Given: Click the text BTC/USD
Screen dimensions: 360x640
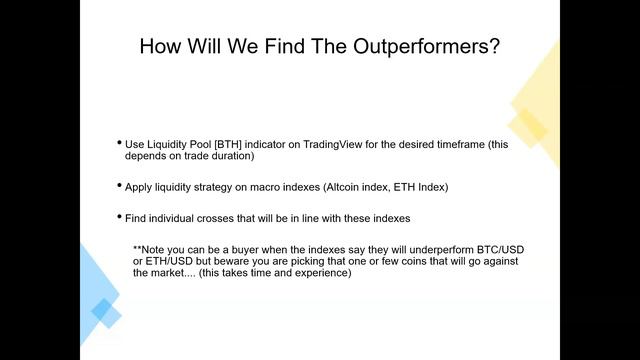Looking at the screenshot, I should pos(473,249).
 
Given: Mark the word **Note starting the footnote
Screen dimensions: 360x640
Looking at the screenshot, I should pos(152,249).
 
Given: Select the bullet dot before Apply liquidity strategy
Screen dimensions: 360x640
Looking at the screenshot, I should pos(119,187).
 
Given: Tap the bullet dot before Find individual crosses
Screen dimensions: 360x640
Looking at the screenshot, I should pos(119,217).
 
